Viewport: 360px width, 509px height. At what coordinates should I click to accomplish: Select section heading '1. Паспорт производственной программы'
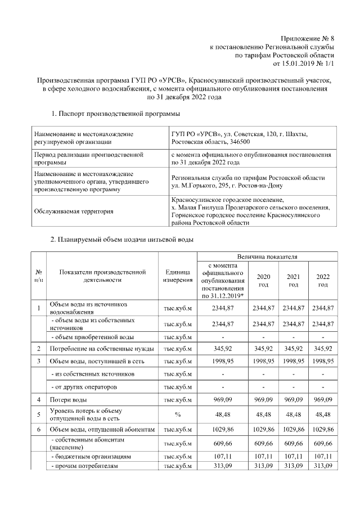(115, 115)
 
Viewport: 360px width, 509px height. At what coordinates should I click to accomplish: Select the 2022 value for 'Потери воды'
(323, 399)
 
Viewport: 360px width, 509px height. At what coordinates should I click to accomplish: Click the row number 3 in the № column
(38, 361)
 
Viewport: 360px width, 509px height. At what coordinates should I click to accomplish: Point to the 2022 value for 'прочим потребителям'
(323, 466)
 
